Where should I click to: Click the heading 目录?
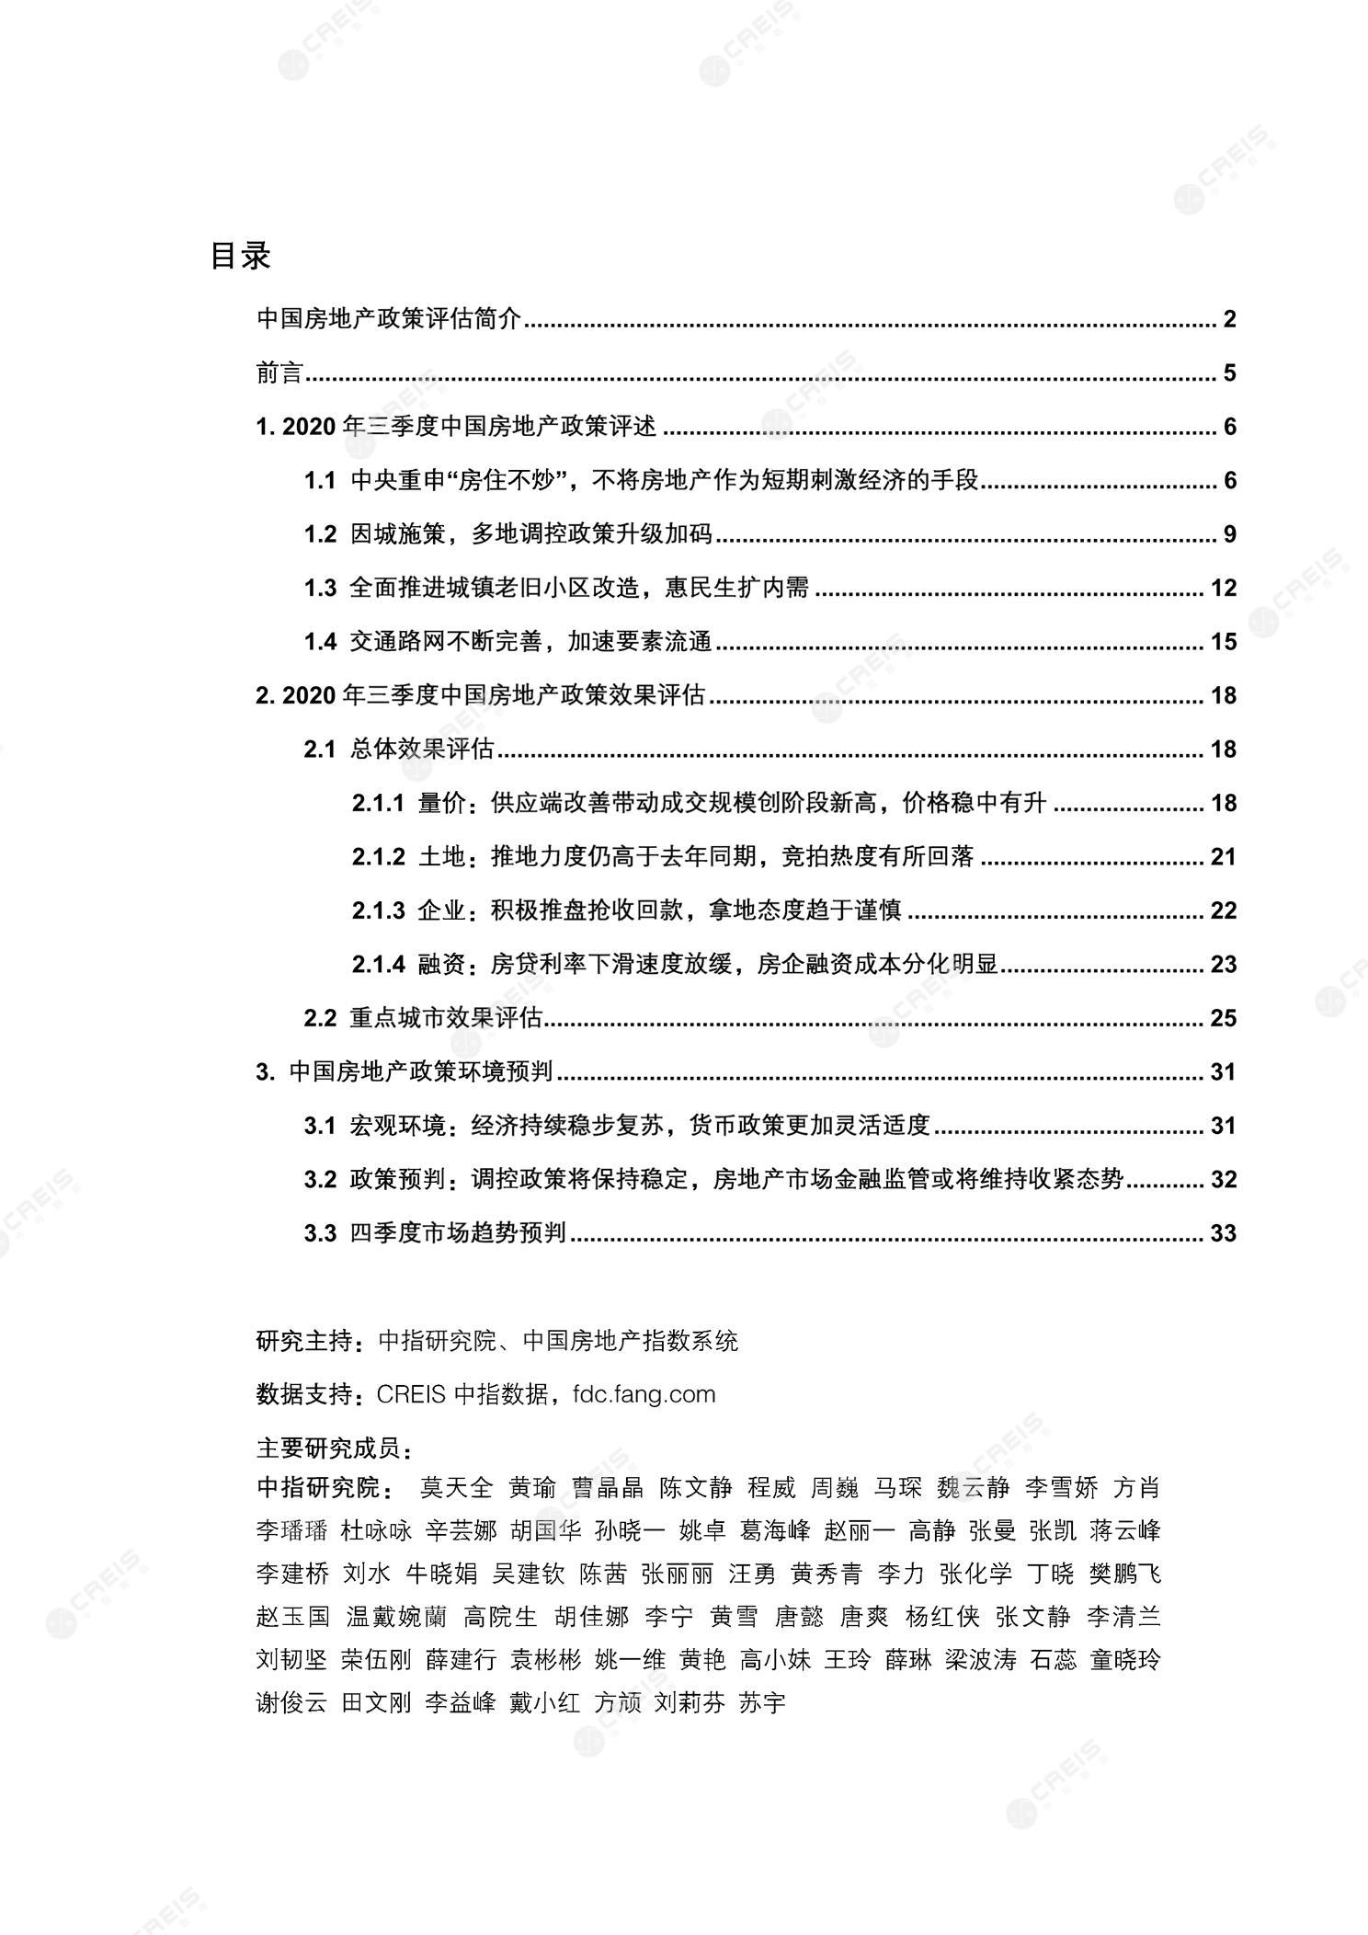[x=240, y=255]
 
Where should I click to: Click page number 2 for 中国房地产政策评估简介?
[x=1229, y=320]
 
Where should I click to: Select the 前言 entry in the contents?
[x=279, y=373]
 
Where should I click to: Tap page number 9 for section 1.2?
[x=1229, y=534]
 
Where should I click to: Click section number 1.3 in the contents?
[x=320, y=589]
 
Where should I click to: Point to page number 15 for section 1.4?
[x=1223, y=642]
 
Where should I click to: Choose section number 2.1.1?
[x=378, y=804]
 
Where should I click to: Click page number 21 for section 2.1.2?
[x=1223, y=857]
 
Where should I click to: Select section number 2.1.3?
[x=378, y=911]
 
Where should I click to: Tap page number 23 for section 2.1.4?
[x=1223, y=965]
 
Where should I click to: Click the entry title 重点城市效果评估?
[x=446, y=1018]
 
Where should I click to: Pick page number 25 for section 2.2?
[x=1223, y=1018]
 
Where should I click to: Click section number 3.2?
[x=320, y=1180]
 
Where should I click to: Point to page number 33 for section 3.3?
[x=1223, y=1233]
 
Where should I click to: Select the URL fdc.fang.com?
[x=644, y=1394]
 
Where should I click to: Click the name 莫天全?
[x=456, y=1488]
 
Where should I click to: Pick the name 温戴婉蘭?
[x=396, y=1617]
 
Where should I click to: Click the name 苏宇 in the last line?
[x=762, y=1702]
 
